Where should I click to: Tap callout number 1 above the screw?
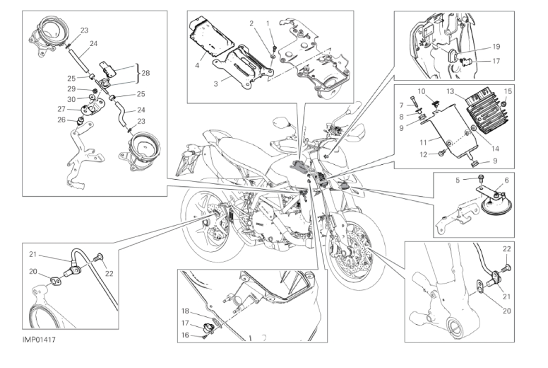click(268, 23)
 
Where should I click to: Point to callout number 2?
click(251, 23)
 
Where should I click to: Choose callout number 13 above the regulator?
click(449, 91)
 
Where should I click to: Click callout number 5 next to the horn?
click(458, 180)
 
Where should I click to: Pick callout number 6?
click(506, 180)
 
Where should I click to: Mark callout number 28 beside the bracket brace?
click(146, 72)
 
